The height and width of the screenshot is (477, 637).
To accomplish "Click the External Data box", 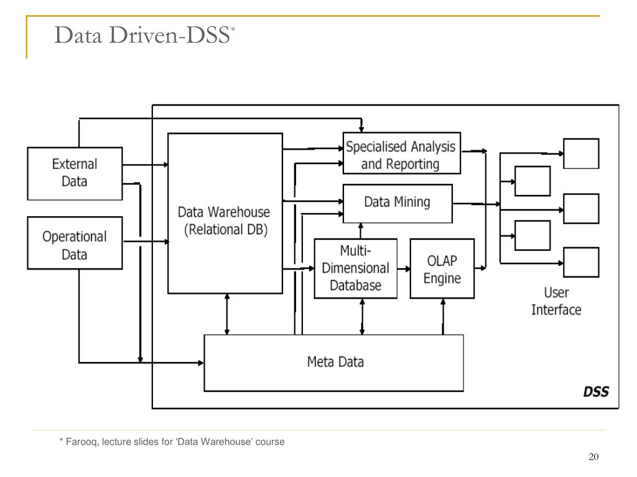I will (75, 173).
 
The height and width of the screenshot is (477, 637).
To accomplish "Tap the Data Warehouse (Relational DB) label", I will (225, 220).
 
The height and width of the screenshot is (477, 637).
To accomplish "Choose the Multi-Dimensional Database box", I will (355, 268).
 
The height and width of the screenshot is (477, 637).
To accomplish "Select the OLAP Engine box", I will (442, 268).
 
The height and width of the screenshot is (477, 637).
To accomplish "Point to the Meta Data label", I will (335, 361).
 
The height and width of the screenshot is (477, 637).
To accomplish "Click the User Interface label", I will (556, 301).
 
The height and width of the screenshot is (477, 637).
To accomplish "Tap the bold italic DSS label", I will (595, 392).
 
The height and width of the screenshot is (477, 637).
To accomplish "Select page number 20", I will (593, 457).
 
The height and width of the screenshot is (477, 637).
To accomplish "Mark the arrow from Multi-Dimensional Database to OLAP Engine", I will (404, 268).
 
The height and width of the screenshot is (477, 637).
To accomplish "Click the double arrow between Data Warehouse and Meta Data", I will (227, 314).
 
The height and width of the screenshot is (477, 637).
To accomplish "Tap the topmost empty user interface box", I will (581, 153).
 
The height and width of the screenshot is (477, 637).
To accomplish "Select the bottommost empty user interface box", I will (581, 261).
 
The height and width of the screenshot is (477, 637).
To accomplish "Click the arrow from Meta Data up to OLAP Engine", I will (443, 317).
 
